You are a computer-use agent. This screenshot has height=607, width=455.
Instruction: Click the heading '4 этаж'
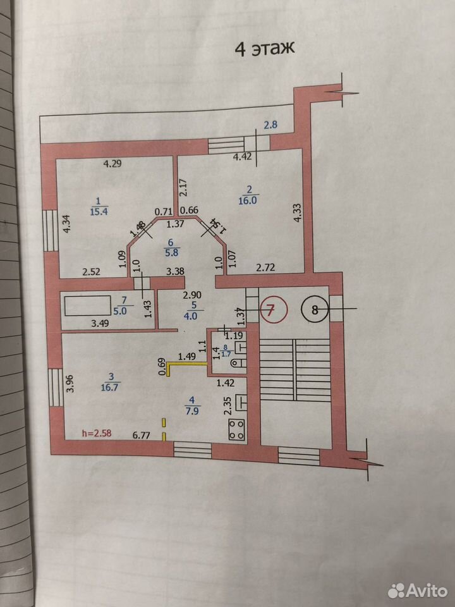point(265,49)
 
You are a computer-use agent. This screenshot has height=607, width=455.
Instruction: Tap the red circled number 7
point(274,309)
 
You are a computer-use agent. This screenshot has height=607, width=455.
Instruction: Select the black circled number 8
point(315,310)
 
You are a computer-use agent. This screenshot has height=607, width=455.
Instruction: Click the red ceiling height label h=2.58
point(97,433)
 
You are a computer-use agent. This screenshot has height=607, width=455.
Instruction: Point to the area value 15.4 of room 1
point(99,211)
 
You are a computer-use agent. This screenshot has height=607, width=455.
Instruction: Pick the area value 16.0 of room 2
point(248,200)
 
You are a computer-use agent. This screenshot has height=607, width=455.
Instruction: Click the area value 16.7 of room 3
point(109,387)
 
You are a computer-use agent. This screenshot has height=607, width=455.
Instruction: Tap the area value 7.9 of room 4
point(192,410)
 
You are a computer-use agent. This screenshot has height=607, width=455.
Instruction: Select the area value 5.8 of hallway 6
point(171,252)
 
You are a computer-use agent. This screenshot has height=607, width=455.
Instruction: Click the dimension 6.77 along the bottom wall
point(141,435)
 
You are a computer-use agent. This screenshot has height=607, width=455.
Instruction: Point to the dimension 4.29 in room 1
point(112,163)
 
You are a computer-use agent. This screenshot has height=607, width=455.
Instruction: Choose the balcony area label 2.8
point(270,125)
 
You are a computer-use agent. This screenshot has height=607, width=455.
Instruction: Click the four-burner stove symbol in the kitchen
point(237,430)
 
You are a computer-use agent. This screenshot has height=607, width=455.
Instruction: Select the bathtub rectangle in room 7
point(88,306)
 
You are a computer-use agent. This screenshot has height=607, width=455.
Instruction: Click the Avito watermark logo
point(418,591)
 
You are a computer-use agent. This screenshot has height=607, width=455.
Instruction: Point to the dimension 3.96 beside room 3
point(70,383)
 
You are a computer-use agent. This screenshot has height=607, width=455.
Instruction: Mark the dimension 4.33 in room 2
point(298,212)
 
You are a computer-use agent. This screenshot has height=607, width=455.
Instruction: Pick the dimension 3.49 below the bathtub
point(100,323)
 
